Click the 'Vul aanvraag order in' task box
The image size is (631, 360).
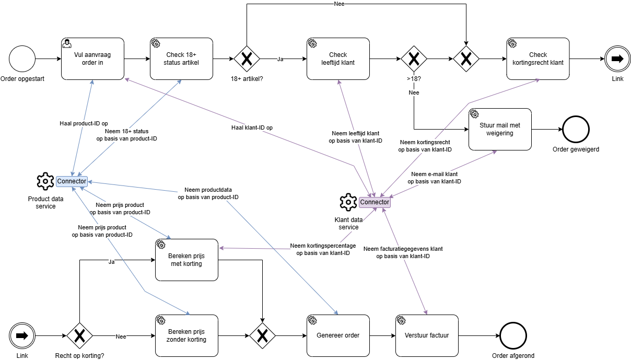92,59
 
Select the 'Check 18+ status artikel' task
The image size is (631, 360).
181,59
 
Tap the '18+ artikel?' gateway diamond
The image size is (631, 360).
247,59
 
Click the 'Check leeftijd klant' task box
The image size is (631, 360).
338,59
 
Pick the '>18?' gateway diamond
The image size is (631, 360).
414,59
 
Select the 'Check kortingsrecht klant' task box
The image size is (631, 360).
537,59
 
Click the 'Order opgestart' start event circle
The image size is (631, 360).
22,59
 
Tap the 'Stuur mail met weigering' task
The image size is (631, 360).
500,129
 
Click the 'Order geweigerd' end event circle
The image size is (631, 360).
576,129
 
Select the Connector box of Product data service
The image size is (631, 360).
72,181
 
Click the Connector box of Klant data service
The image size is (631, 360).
375,202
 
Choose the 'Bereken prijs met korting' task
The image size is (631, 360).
186,260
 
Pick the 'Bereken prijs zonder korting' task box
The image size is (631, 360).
186,335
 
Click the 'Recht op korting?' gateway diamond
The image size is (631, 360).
79,335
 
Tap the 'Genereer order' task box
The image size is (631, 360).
338,335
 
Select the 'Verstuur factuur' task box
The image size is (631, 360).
427,335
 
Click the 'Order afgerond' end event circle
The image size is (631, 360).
513,335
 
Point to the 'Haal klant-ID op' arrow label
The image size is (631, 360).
252,127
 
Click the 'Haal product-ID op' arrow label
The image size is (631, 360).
84,123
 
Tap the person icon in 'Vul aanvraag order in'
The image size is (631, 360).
67,43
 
